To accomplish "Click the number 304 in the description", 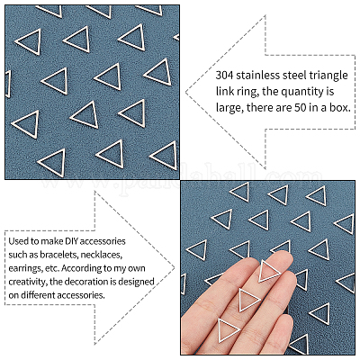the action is point(224,76).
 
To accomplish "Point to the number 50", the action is point(300,108).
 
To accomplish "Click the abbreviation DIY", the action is point(70,241).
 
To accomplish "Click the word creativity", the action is point(28,283).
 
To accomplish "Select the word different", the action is point(37,295).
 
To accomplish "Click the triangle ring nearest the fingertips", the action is point(269,272).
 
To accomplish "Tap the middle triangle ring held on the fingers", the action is point(249,300).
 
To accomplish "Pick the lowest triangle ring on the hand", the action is point(229,330).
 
